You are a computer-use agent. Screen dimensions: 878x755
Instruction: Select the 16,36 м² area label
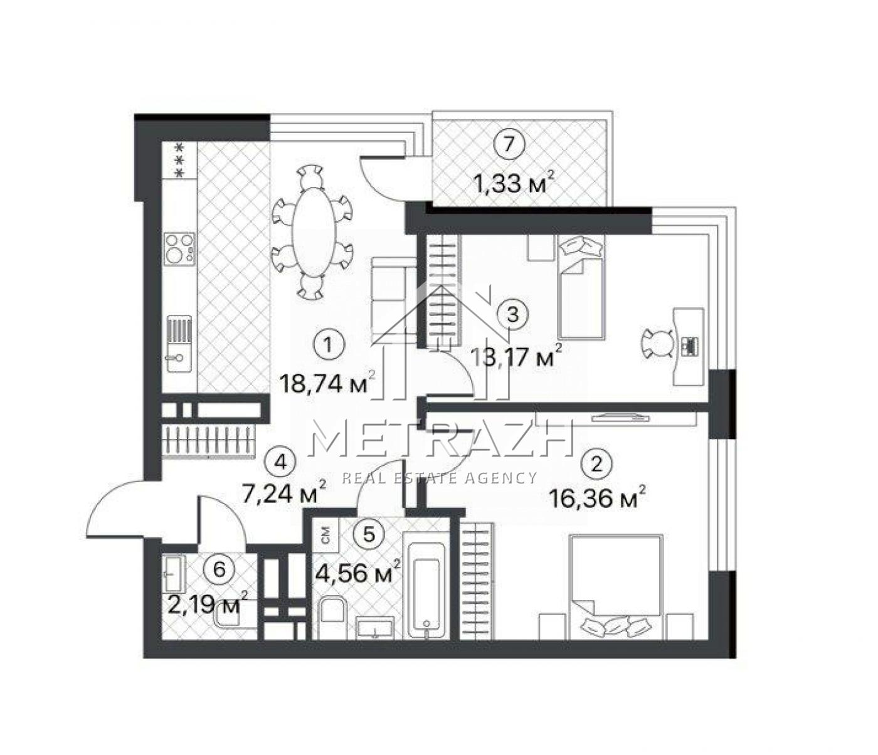[598, 497]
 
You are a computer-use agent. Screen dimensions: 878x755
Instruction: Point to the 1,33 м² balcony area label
[516, 183]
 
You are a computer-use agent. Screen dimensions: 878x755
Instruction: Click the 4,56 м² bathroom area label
[358, 573]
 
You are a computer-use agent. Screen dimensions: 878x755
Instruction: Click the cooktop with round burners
[180, 249]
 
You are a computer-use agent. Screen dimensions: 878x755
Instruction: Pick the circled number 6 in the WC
[219, 569]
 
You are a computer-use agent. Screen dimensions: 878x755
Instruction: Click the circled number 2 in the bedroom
[597, 464]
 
